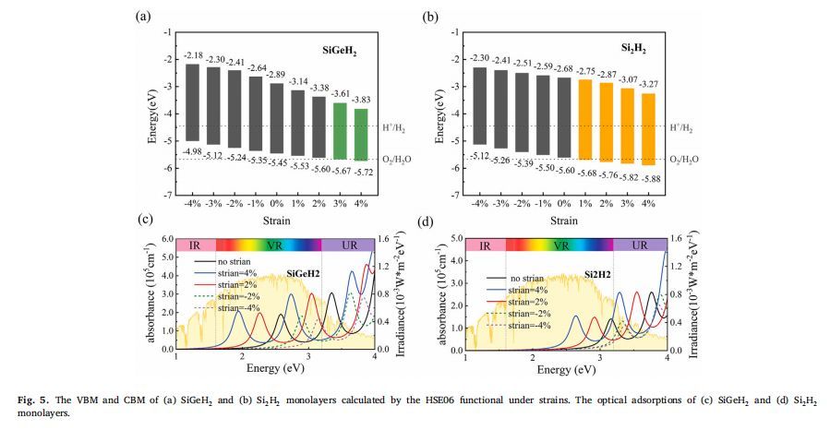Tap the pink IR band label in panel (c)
coord(195,245)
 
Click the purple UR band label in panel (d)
coord(638,246)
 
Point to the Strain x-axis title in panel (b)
coord(564,221)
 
